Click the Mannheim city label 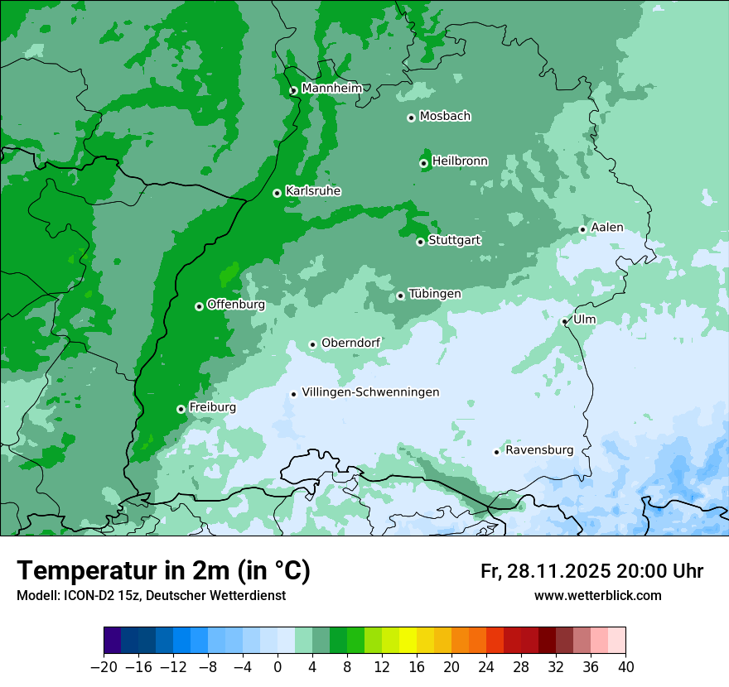point(331,88)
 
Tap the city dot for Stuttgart point(421,242)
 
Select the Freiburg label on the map point(212,407)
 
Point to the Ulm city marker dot point(564,321)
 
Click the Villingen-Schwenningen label point(370,392)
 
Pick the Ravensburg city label point(538,450)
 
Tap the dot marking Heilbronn point(423,163)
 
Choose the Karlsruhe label point(312,191)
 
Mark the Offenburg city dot point(199,306)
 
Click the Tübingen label point(434,294)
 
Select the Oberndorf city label point(350,343)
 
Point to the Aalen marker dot point(582,229)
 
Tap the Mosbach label point(445,116)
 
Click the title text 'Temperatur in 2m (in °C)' point(163,571)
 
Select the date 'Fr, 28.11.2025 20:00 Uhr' point(591,571)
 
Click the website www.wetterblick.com point(597,595)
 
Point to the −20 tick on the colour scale point(104,667)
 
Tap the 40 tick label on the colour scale point(625,667)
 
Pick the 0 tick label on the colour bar point(278,667)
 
